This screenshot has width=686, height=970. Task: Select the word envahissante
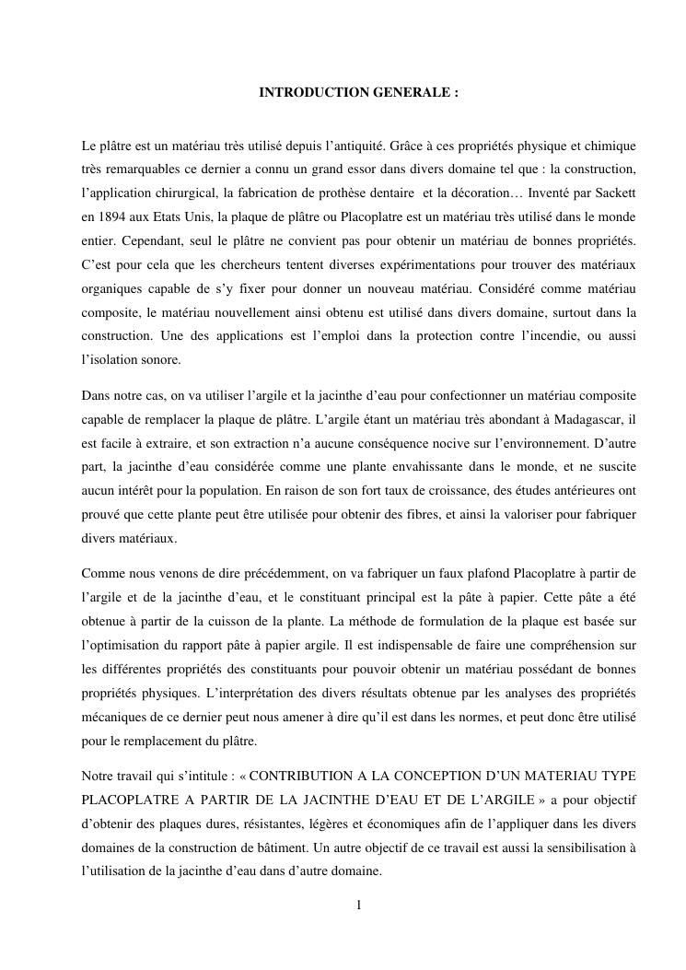pos(384,466)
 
